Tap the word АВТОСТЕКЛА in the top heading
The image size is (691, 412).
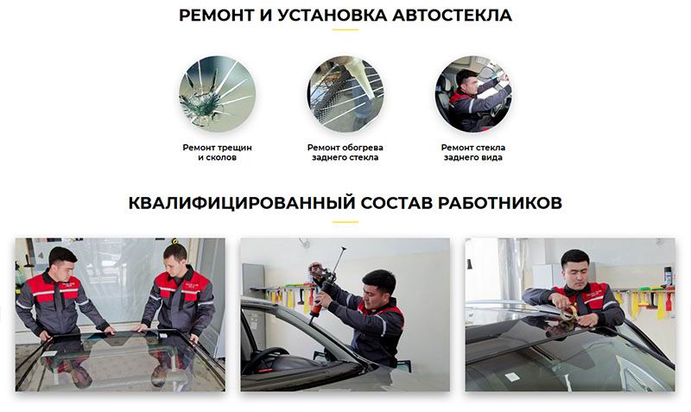pyautogui.click(x=452, y=16)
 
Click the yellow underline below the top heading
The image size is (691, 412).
pyautogui.click(x=345, y=30)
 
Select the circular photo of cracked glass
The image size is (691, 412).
pyautogui.click(x=218, y=94)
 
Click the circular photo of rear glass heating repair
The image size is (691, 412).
pyautogui.click(x=345, y=94)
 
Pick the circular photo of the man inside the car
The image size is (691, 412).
pyautogui.click(x=473, y=94)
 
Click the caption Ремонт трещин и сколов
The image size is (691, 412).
pyautogui.click(x=218, y=153)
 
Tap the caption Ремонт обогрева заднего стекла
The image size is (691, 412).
pyautogui.click(x=345, y=153)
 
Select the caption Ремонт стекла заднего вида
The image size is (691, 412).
pyautogui.click(x=473, y=153)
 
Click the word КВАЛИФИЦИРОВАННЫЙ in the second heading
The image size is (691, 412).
pyautogui.click(x=242, y=203)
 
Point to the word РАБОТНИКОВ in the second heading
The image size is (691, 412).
pyautogui.click(x=500, y=203)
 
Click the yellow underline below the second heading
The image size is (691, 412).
pyautogui.click(x=345, y=222)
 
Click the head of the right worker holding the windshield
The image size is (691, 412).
pyautogui.click(x=175, y=259)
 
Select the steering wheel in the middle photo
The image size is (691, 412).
pyautogui.click(x=265, y=358)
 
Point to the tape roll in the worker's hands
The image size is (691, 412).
pyautogui.click(x=568, y=313)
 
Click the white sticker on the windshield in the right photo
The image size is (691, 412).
pyautogui.click(x=511, y=377)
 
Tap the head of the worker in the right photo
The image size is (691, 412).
pyautogui.click(x=575, y=267)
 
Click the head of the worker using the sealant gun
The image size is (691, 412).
pyautogui.click(x=378, y=287)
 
